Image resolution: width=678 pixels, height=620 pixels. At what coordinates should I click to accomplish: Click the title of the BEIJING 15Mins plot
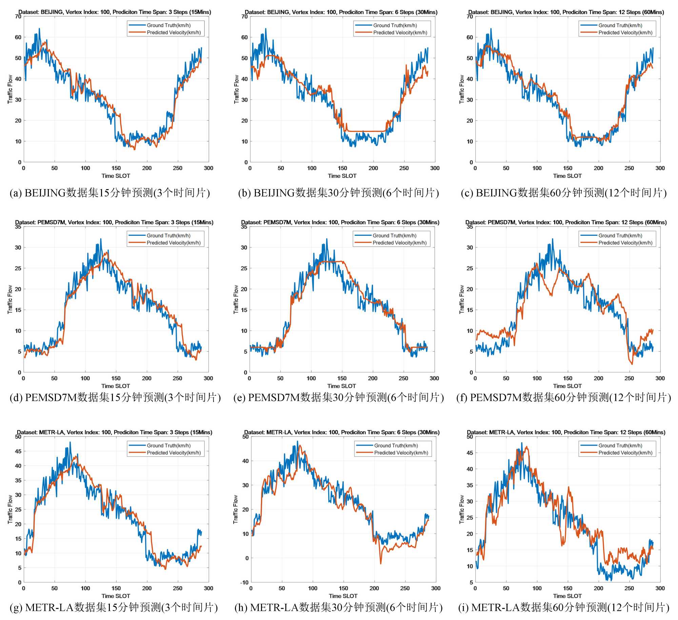pos(115,12)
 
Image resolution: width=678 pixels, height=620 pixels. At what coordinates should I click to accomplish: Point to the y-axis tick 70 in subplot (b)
pos(244,17)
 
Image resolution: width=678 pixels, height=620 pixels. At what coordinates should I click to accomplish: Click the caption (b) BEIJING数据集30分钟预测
pos(338,193)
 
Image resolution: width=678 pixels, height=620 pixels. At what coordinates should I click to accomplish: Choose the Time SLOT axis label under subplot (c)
pos(567,176)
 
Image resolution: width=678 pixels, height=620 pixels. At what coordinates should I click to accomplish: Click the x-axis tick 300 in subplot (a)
pos(208,168)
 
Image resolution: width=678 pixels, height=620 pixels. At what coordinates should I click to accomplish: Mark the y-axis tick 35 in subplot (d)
pos(18,227)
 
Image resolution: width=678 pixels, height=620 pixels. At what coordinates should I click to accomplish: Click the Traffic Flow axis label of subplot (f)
pos(462,299)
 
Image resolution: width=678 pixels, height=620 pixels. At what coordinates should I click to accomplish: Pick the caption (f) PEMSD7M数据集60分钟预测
pos(563,397)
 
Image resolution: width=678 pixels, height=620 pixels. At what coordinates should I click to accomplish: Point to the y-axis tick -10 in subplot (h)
pos(244,582)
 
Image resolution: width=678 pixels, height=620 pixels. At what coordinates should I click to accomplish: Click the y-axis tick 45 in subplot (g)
pos(18,451)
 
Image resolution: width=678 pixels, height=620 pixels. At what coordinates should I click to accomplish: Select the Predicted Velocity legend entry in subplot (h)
pos(401,453)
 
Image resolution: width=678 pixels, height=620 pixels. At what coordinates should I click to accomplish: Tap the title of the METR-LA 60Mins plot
pos(566,432)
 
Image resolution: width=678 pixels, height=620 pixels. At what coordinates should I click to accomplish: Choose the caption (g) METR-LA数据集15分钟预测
pos(114,607)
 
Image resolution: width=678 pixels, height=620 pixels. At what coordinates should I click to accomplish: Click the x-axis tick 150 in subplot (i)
pos(567,588)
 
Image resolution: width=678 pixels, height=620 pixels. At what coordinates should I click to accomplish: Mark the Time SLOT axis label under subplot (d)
pos(116,386)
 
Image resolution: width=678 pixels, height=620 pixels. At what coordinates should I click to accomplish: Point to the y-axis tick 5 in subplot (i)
pos(471,582)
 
